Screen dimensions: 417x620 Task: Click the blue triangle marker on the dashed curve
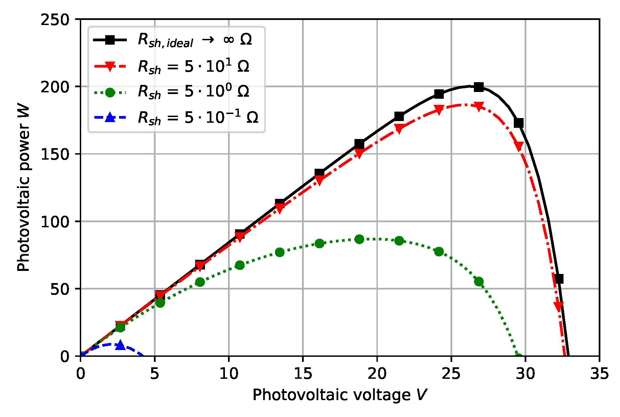120,345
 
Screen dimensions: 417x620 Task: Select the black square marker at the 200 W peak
479,87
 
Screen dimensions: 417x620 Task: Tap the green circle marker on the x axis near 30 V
518,356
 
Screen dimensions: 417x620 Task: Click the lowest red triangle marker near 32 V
558,306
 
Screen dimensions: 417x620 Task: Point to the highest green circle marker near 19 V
359,239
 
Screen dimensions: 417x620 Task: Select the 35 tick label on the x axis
599,374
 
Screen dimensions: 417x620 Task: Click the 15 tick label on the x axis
302,374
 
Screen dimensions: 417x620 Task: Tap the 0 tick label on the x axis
81,374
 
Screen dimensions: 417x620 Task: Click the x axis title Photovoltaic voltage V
340,395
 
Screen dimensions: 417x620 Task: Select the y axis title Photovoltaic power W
24,188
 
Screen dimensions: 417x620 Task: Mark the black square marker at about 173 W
519,123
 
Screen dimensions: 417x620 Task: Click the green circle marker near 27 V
479,281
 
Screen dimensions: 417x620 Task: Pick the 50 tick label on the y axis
60,289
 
